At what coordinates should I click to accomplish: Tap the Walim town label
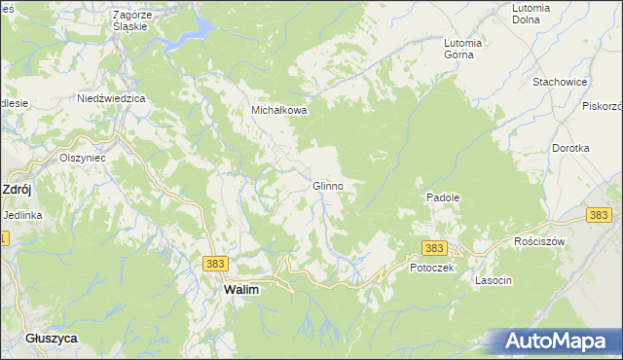240,290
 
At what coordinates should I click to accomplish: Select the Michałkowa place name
279,110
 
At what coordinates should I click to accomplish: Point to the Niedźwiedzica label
111,98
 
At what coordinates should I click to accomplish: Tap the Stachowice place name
558,82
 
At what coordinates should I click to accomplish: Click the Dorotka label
570,148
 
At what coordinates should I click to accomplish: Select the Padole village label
442,197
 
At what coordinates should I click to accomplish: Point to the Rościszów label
539,240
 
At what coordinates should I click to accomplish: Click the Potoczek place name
432,267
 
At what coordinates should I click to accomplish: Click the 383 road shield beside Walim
215,263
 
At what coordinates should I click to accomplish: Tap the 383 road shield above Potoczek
434,248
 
